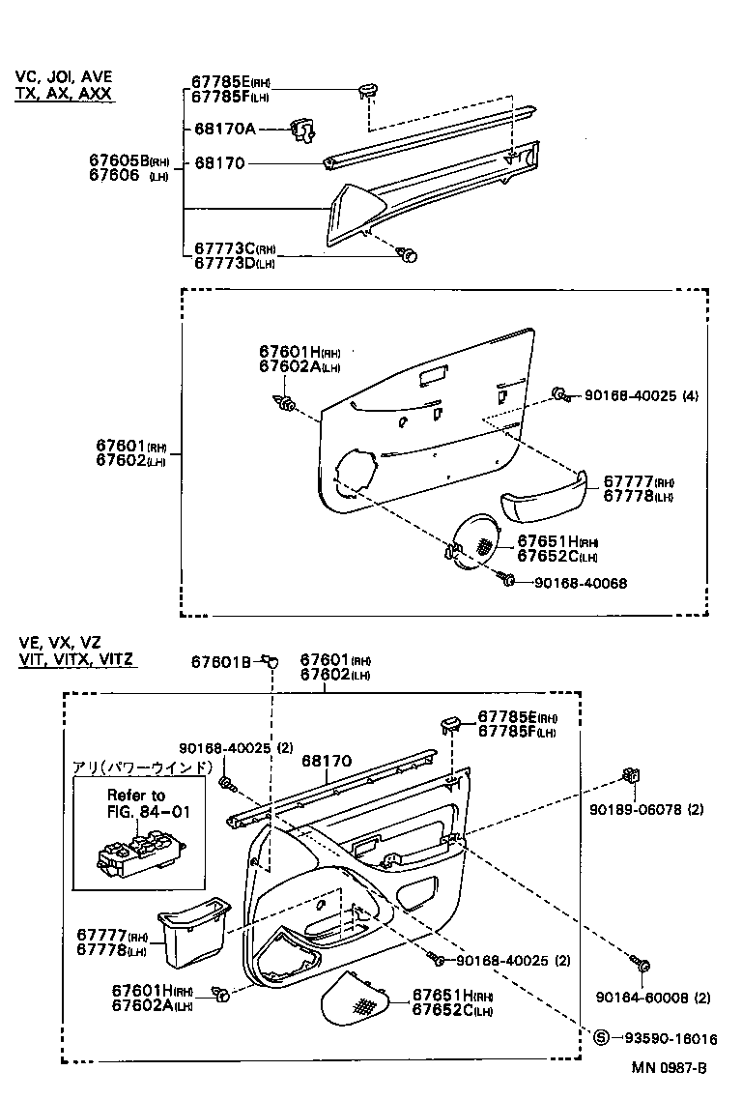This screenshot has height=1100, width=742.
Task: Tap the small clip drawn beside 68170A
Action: tap(304, 131)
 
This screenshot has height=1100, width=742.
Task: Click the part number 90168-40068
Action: tap(579, 583)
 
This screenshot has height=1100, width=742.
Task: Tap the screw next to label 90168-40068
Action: tap(505, 579)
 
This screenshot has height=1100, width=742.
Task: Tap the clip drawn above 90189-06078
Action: tap(631, 775)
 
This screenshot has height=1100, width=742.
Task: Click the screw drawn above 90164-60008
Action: tap(642, 964)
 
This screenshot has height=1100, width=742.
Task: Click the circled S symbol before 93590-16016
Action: tap(600, 1039)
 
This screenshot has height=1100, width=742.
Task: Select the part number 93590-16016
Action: tap(666, 1039)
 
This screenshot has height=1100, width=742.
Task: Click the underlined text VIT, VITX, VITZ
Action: tap(76, 659)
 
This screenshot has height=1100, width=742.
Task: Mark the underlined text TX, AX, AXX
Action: tap(64, 94)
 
